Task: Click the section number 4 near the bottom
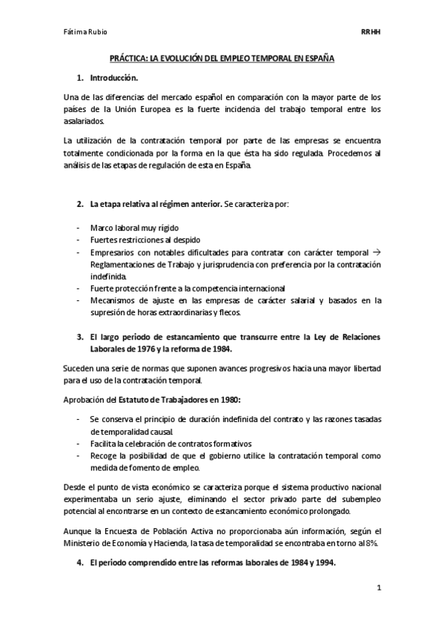80,562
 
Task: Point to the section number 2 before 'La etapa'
80,203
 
